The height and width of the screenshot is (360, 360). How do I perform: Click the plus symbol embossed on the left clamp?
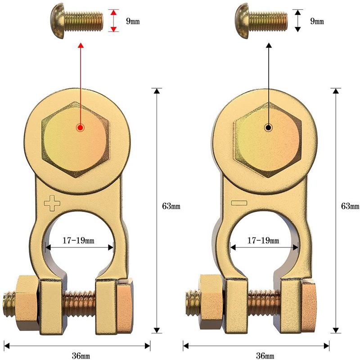point(52,203)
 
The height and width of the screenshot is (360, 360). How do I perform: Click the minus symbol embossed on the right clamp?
point(240,202)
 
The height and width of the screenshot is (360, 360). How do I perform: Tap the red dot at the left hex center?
point(80,127)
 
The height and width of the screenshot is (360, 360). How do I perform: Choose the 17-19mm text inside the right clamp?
point(264,240)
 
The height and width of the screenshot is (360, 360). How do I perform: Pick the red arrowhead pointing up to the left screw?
point(80,46)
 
